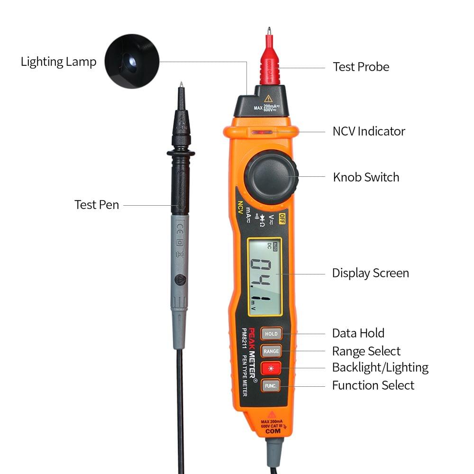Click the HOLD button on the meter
[271, 334]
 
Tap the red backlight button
[271, 368]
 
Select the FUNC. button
[271, 385]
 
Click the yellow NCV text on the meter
[240, 209]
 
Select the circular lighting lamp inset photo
[132, 61]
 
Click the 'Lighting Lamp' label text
[58, 62]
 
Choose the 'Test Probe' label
[361, 67]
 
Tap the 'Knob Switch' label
[366, 177]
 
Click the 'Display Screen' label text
[370, 273]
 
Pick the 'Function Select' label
[373, 385]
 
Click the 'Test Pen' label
[97, 205]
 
